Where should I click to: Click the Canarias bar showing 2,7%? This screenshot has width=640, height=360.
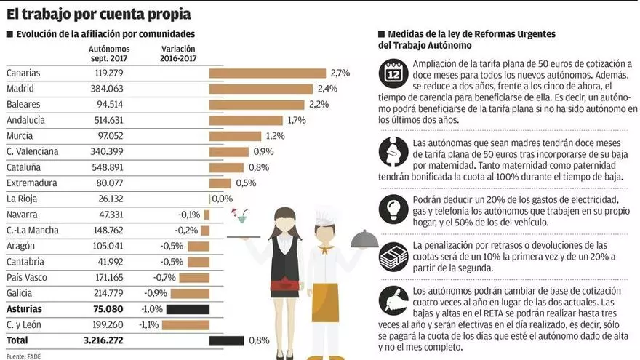(267, 73)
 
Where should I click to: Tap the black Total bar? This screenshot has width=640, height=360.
(226, 340)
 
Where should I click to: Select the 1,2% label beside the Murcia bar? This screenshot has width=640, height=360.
(275, 136)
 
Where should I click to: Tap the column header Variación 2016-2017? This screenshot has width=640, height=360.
(177, 53)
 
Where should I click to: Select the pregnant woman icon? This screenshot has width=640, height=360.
(393, 151)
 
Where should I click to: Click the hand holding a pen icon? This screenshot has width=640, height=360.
(393, 300)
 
